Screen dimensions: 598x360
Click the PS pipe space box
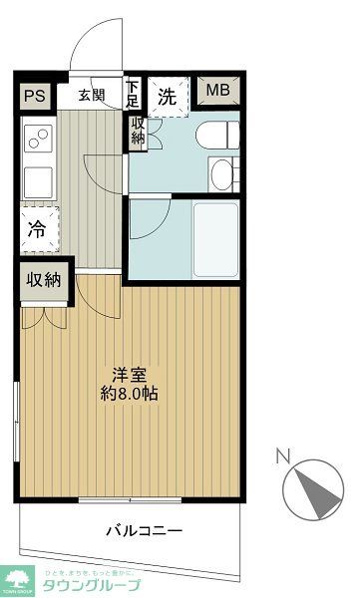(35, 97)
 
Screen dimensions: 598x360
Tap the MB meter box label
(217, 93)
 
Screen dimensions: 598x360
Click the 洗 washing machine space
(169, 98)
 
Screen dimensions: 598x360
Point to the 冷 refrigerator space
(36, 228)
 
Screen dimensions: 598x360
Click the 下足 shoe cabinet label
(133, 95)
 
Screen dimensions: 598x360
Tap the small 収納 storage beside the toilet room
(137, 132)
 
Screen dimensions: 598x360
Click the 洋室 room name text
(130, 375)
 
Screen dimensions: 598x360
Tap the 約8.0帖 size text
(131, 393)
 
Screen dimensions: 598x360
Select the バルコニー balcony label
(143, 529)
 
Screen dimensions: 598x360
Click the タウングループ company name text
(90, 585)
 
